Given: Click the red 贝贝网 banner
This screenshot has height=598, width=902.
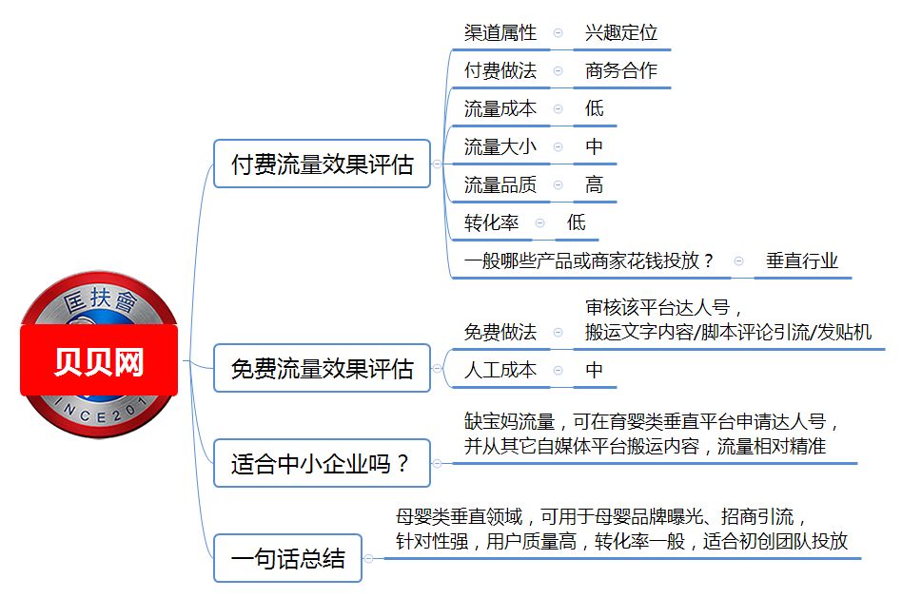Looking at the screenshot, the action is click(x=99, y=360).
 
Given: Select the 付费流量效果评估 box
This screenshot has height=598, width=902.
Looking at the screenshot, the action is click(x=323, y=164).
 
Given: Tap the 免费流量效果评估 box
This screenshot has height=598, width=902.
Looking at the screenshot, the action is click(x=323, y=368).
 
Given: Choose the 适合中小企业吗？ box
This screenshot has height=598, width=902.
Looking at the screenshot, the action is click(x=323, y=463).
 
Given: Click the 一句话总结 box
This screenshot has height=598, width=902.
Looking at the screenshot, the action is click(x=287, y=558).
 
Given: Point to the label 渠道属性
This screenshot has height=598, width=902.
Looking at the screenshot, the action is click(x=500, y=32).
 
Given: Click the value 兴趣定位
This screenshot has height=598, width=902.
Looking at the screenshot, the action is click(x=621, y=32).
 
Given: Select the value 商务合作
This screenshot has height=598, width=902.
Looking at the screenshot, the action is click(x=621, y=70).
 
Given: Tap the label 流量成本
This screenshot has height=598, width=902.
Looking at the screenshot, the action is click(x=500, y=108).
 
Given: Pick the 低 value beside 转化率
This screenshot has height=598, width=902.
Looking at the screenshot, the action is click(x=576, y=222).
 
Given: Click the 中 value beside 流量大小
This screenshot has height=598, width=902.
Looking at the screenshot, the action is click(x=595, y=146).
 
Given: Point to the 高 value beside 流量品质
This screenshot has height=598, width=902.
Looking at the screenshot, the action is click(x=595, y=184).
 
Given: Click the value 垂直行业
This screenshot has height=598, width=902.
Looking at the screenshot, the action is click(x=802, y=261).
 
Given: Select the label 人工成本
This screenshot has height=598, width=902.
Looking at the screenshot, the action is click(x=500, y=370).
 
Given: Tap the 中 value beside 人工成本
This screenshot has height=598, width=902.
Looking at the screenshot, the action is click(x=595, y=370).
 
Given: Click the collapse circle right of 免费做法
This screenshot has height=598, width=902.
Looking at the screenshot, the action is click(x=558, y=333).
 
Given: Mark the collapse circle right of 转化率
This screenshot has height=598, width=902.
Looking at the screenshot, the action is click(x=539, y=223).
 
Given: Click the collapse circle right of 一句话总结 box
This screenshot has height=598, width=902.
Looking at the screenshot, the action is click(x=368, y=558).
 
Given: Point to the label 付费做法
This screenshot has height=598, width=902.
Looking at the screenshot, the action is click(x=500, y=70).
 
